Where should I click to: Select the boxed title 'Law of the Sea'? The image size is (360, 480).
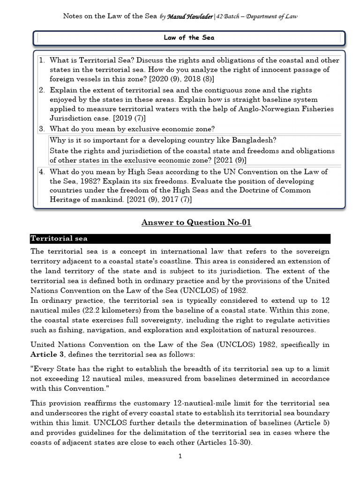[x=189, y=38]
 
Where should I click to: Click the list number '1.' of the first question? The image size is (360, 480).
[x=42, y=60]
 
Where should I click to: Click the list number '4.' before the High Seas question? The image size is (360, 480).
[x=42, y=172]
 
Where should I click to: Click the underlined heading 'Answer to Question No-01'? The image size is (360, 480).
[x=196, y=222]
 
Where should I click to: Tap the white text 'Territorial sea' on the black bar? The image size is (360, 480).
[x=59, y=239]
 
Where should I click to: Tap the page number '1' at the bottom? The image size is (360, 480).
[x=180, y=457]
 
